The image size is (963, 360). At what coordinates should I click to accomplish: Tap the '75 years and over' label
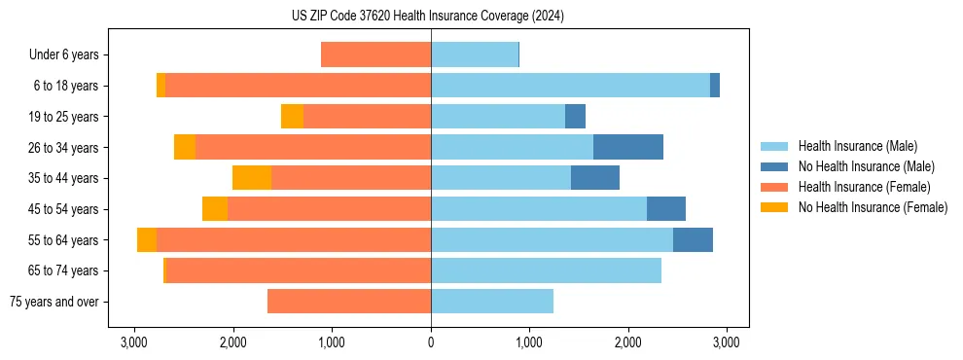[53, 302]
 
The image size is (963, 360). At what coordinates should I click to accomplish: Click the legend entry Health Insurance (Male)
[857, 146]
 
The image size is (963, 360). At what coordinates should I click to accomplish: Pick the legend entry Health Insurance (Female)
[864, 187]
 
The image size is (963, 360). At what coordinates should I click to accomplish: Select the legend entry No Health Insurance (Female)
[873, 207]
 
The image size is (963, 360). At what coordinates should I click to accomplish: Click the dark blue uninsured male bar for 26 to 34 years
[628, 147]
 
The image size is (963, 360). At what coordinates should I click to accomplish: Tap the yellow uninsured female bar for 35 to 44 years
[252, 178]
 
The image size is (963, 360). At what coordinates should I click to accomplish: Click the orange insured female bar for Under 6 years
[375, 54]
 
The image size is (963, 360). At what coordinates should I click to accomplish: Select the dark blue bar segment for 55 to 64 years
[693, 239]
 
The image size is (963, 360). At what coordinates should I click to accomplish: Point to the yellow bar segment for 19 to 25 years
[292, 117]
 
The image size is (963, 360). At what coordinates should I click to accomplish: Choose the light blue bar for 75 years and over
[492, 302]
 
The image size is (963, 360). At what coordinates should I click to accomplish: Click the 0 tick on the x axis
[431, 342]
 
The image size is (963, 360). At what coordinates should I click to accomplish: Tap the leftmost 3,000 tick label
[133, 342]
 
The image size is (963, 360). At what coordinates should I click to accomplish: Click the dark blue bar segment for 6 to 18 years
[715, 86]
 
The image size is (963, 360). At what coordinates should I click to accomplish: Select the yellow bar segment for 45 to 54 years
[215, 209]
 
